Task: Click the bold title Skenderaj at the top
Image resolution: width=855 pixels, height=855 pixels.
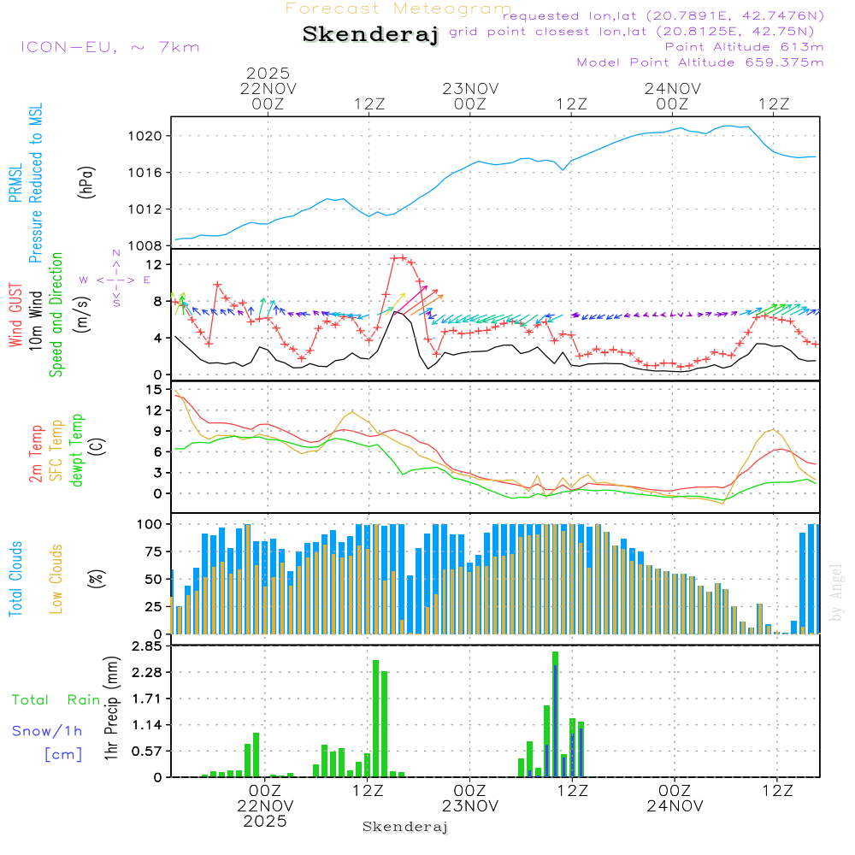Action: [x=370, y=34]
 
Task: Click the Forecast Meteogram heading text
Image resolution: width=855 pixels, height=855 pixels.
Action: [x=398, y=9]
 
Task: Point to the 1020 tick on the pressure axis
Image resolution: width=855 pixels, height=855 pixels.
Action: [x=146, y=136]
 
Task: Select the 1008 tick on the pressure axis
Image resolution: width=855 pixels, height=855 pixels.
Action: [x=146, y=245]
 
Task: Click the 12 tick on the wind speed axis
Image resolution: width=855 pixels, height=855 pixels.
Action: [x=154, y=264]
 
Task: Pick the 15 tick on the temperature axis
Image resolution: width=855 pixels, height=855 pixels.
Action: [x=154, y=390]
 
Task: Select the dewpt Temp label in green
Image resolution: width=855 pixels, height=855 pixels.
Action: [x=77, y=451]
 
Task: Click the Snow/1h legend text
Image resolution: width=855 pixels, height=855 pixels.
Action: [x=47, y=731]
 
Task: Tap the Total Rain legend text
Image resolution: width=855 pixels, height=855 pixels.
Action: [x=56, y=699]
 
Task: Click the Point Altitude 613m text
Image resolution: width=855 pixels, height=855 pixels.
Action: [x=744, y=46]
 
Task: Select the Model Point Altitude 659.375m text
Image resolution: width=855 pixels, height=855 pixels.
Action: [x=700, y=62]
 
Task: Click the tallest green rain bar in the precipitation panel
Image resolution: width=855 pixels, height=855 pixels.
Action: [x=555, y=714]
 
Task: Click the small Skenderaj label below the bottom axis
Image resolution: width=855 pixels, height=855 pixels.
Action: [x=405, y=827]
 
